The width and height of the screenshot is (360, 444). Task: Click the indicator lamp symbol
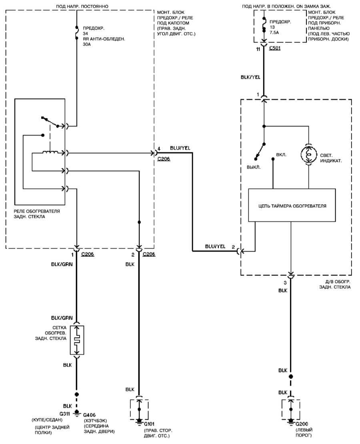tap(308, 155)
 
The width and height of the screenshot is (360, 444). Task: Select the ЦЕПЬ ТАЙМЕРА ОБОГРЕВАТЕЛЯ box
tap(292, 205)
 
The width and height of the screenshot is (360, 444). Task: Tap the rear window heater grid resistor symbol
tap(77, 340)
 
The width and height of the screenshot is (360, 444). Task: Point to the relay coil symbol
tap(50, 153)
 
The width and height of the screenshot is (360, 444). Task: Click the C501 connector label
tap(275, 48)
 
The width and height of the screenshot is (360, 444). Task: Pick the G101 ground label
tap(149, 424)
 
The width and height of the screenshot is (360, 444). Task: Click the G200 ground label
tap(302, 424)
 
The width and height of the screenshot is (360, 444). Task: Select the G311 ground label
tap(65, 413)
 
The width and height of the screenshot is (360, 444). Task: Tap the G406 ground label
tap(89, 415)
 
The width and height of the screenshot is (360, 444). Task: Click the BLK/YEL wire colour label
tap(250, 77)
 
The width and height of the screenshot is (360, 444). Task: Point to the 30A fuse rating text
tap(87, 44)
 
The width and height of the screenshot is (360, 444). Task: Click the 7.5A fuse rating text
tap(274, 32)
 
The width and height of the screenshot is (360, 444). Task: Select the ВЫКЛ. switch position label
tap(254, 167)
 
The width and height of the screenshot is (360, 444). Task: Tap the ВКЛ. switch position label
tap(281, 155)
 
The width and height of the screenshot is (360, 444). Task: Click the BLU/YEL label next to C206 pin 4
tap(180, 148)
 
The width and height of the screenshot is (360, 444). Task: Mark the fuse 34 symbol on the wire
tap(76, 32)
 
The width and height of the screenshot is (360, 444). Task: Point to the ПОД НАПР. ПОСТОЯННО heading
tap(82, 6)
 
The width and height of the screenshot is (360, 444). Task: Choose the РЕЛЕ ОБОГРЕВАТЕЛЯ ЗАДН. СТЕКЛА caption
tap(37, 214)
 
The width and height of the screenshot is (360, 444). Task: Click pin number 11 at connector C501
tap(258, 49)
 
